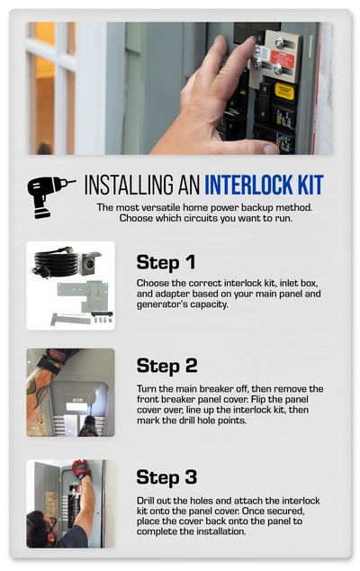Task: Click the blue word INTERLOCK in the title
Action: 249,185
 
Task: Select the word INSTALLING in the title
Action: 130,185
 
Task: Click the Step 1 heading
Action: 166,263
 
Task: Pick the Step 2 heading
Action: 166,366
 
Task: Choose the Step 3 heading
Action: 166,477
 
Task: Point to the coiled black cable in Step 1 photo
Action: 55,261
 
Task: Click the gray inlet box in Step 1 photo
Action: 89,262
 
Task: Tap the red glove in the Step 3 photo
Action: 81,469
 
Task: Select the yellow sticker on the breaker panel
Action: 284,91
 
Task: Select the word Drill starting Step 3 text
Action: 145,501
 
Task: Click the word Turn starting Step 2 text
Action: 147,389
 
